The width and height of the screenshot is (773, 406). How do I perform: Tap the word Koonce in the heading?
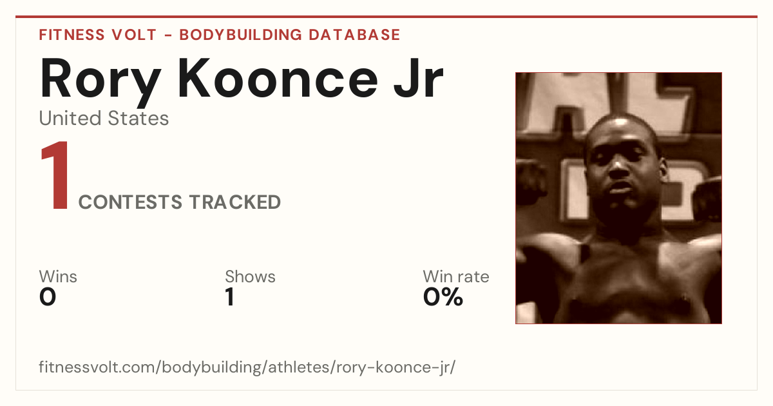tap(278, 79)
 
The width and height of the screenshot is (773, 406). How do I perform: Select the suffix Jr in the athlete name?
tap(419, 79)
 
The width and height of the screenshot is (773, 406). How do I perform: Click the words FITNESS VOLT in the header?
tap(98, 35)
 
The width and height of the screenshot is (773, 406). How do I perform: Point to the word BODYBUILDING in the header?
tap(241, 35)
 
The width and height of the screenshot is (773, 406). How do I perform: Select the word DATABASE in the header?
tap(354, 35)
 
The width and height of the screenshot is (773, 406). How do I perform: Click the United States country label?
tap(104, 119)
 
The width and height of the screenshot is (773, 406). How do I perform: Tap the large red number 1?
tap(55, 175)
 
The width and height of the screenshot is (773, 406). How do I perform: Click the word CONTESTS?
tap(130, 202)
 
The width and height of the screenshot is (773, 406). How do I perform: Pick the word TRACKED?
tap(235, 202)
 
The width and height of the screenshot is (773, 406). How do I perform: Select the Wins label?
tap(58, 276)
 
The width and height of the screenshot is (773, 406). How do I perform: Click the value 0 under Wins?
tap(48, 297)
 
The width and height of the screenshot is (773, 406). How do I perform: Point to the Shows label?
tap(250, 276)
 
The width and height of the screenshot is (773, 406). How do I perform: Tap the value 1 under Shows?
tap(230, 297)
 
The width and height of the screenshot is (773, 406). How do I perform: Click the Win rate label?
tap(456, 276)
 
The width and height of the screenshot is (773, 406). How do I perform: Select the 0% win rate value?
tap(443, 297)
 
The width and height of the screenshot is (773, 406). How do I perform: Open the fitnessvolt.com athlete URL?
tap(247, 367)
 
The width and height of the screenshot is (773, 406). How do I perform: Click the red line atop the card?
tap(386, 17)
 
